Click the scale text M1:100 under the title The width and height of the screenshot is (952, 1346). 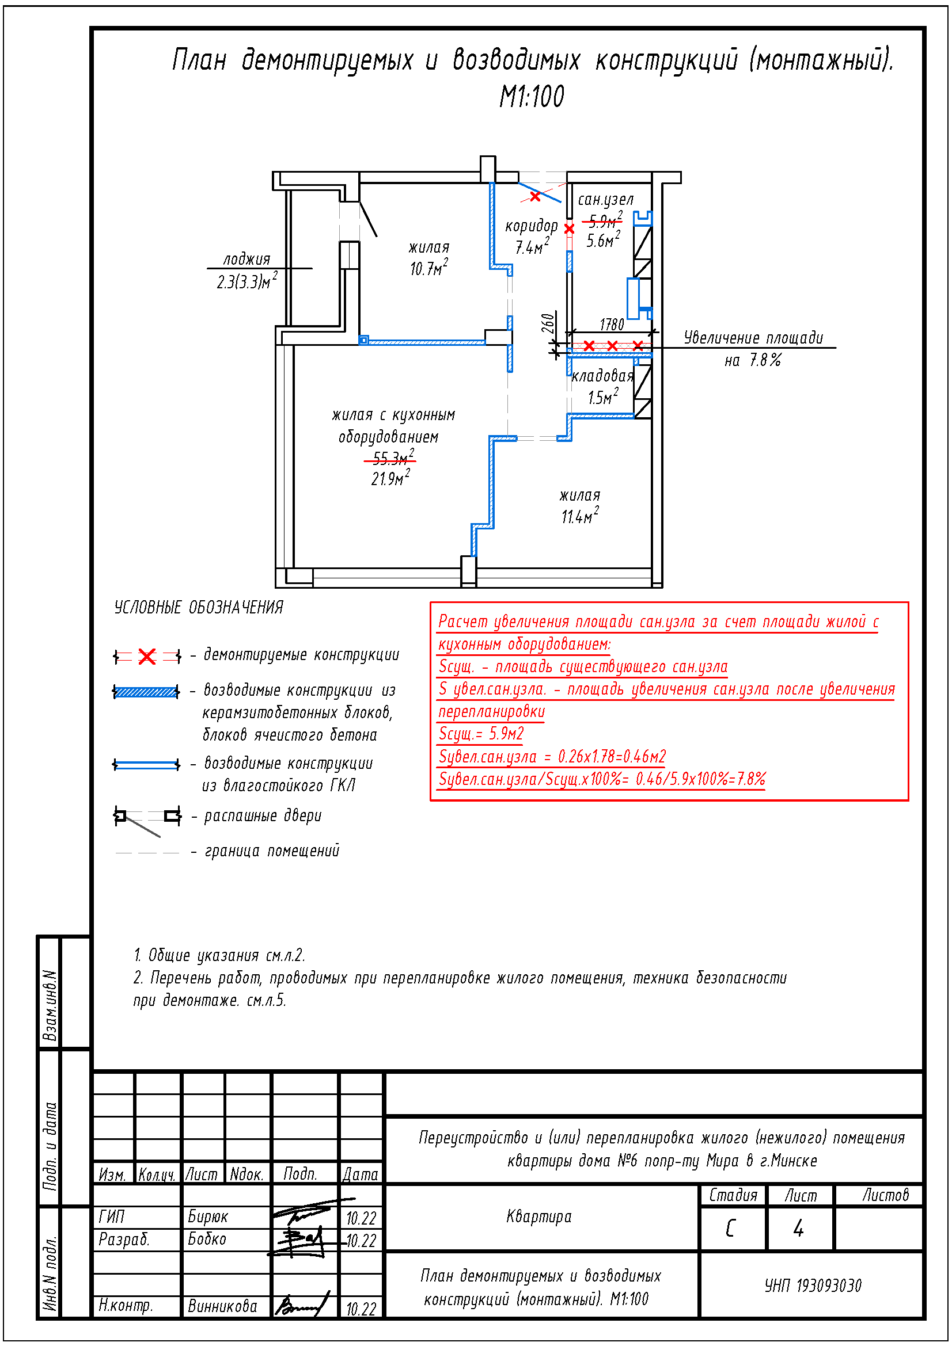[532, 97]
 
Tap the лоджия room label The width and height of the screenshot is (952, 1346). [246, 259]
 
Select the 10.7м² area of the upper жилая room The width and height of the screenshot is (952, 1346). [428, 268]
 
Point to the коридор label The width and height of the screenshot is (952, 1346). [531, 226]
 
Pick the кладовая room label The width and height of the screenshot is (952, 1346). [602, 376]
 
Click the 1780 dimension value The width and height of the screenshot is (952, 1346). [611, 325]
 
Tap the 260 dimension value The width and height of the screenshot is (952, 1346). [548, 323]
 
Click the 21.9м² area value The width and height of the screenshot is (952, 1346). [390, 478]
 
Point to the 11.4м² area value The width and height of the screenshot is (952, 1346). [579, 516]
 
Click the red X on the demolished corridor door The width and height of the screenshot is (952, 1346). [535, 197]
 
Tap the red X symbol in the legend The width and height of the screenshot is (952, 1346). [147, 657]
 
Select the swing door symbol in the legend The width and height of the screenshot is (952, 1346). [147, 817]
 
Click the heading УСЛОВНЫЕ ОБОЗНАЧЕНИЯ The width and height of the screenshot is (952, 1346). [198, 607]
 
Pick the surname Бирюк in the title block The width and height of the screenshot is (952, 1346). [208, 1217]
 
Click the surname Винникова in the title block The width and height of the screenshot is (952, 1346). [222, 1306]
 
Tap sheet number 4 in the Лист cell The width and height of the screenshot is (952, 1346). [798, 1228]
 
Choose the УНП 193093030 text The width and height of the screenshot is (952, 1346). [813, 1286]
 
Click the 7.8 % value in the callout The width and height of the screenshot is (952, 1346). [765, 360]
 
